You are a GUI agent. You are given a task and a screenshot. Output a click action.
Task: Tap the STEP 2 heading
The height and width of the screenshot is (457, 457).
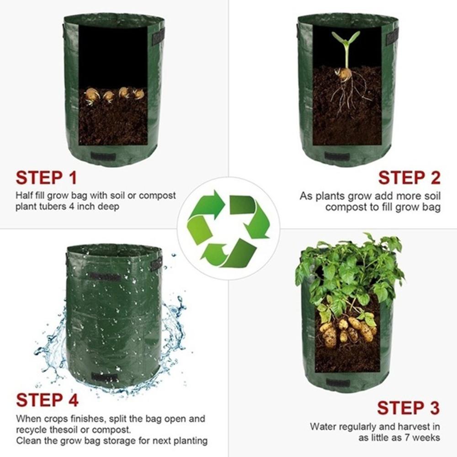click(x=409, y=178)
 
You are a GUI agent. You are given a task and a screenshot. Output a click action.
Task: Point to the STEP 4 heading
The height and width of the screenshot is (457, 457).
click(x=47, y=400)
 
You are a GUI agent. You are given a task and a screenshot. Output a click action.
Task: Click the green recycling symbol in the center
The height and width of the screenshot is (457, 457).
click(x=228, y=228)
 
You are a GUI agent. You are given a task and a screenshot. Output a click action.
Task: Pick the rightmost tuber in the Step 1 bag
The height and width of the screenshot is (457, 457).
click(x=138, y=94)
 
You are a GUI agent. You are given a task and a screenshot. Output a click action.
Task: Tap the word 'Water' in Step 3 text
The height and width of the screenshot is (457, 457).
click(x=323, y=427)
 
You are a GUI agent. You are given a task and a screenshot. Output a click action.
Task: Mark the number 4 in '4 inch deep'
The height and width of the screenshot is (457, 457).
click(x=83, y=207)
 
